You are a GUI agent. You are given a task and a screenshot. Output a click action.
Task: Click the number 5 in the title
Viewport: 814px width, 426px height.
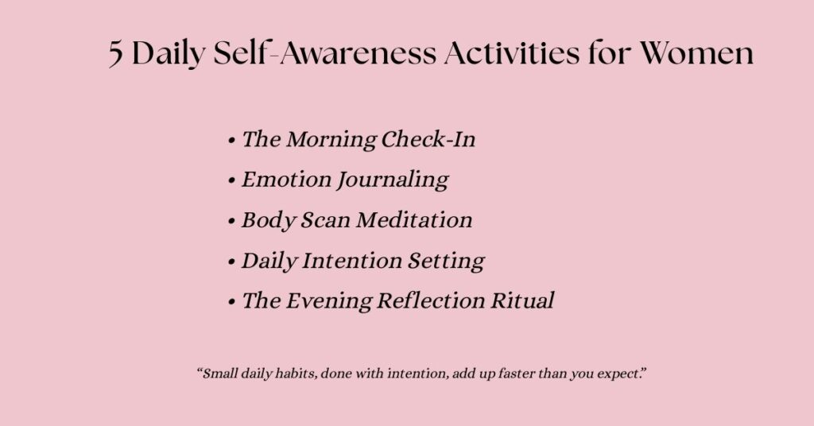[x=117, y=54]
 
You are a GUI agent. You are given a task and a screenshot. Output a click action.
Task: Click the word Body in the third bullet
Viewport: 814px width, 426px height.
[x=268, y=220]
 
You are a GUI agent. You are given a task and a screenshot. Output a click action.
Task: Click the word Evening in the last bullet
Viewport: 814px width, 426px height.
[x=328, y=301]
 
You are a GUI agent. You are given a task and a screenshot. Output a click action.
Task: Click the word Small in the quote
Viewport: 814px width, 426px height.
[x=217, y=374]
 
